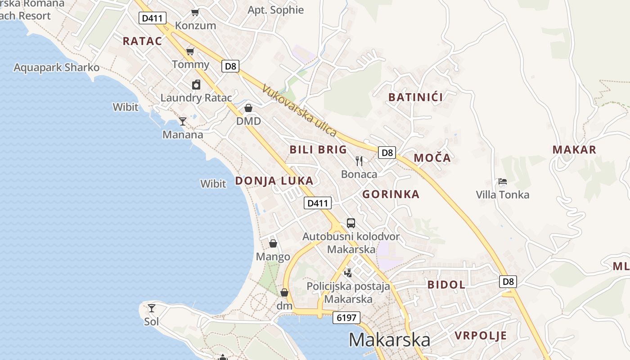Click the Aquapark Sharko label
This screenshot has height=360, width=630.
click(x=57, y=67)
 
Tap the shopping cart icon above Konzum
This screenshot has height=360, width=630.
click(x=195, y=12)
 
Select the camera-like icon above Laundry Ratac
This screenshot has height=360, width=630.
click(x=196, y=85)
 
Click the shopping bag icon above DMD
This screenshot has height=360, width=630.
click(x=248, y=108)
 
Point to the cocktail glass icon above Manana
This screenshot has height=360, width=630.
click(x=183, y=121)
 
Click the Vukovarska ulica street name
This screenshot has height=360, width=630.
click(x=299, y=111)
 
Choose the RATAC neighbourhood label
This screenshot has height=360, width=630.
click(x=142, y=41)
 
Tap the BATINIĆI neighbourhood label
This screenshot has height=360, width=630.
click(x=415, y=97)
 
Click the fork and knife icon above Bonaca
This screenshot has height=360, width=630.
click(x=359, y=161)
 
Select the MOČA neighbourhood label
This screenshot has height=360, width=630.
click(x=432, y=158)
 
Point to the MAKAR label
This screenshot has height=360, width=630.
click(x=574, y=150)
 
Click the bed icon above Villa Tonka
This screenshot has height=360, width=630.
click(x=503, y=182)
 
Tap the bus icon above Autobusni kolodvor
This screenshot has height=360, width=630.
click(x=351, y=223)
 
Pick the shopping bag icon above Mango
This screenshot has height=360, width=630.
click(x=273, y=243)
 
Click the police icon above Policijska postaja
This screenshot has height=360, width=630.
click(x=348, y=272)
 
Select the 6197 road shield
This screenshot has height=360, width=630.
click(x=347, y=318)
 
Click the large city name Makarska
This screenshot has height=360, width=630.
click(x=389, y=340)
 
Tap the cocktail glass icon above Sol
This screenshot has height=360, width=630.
click(x=152, y=308)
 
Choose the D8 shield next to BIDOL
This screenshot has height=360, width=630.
click(x=508, y=282)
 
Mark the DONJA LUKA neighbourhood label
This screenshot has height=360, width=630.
click(x=274, y=181)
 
